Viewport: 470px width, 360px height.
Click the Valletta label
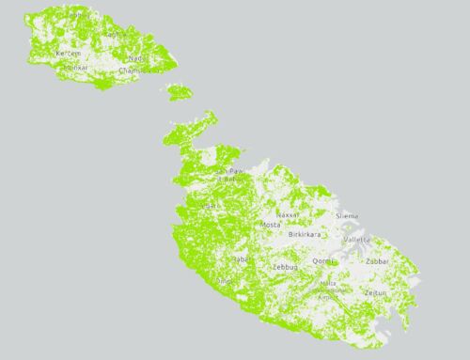(357, 240)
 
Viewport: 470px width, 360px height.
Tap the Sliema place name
(347, 215)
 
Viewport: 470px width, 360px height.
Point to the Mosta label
(271, 227)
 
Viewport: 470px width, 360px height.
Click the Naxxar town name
(287, 214)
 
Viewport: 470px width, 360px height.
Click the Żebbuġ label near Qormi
(285, 268)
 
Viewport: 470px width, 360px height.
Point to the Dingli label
(225, 280)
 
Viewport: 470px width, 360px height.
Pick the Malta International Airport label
(328, 287)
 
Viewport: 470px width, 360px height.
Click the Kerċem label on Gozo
(69, 55)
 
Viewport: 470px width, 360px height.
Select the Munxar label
(75, 68)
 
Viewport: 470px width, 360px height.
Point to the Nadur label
(136, 57)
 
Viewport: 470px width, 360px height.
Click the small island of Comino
(179, 93)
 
